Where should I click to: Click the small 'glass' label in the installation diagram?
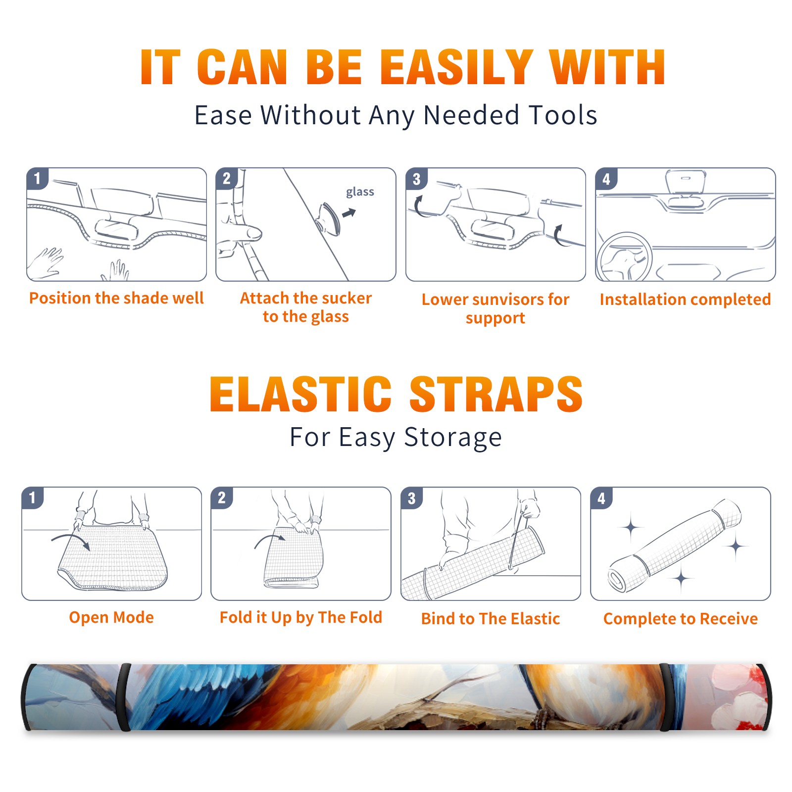[x=360, y=192]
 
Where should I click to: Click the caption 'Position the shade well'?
[x=116, y=298]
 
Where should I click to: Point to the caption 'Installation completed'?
[x=685, y=299]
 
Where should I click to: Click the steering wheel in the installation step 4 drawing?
[x=624, y=257]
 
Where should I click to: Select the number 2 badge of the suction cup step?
[x=227, y=179]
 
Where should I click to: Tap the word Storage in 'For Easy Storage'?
[x=453, y=438]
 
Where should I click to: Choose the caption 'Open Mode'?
[x=111, y=617]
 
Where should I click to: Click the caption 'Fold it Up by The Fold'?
[x=301, y=617]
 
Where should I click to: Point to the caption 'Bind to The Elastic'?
[x=491, y=619]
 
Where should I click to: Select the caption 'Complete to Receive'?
[x=681, y=619]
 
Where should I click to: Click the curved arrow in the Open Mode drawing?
[x=72, y=537]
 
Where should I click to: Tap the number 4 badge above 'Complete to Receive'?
[x=601, y=498]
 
